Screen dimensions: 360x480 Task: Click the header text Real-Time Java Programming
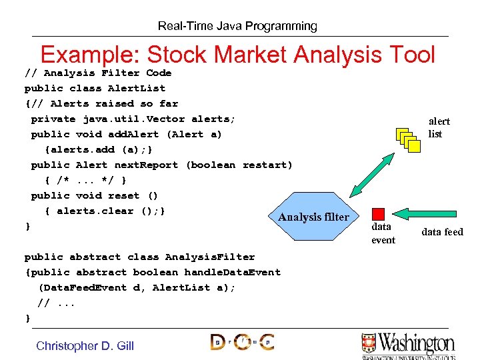point(237,26)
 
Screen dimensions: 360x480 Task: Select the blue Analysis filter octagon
point(313,217)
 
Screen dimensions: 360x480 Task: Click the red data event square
point(378,214)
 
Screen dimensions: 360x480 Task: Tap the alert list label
point(439,127)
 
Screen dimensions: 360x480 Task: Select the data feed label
point(442,232)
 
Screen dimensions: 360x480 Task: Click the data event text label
point(383,233)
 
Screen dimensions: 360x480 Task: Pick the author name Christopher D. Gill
point(85,345)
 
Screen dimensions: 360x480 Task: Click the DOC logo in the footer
point(241,343)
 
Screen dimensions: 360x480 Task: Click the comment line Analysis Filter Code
point(98,73)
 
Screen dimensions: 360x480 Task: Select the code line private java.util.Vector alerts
point(133,119)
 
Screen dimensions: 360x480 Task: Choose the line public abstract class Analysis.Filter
point(139,257)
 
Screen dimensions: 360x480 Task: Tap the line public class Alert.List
point(95,88)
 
